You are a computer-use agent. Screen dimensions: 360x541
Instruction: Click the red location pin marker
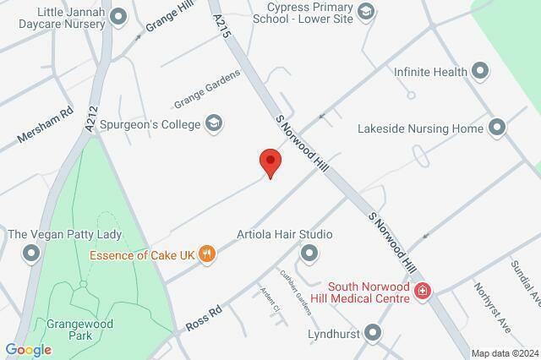(270, 161)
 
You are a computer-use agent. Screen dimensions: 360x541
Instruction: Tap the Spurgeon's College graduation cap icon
(214, 124)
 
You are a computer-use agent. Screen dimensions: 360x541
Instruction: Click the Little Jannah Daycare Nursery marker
(118, 16)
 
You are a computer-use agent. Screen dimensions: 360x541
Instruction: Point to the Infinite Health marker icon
(480, 72)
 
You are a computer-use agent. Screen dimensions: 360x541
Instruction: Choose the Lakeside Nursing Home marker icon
(496, 128)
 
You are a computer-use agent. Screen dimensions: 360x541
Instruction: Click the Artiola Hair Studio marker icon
(309, 252)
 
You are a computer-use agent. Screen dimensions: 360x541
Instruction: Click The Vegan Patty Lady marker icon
(32, 252)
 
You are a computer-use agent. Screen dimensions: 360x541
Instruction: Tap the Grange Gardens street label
(207, 90)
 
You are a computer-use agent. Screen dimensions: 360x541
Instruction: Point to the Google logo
(28, 350)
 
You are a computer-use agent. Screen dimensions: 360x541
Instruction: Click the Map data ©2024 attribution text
(504, 352)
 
